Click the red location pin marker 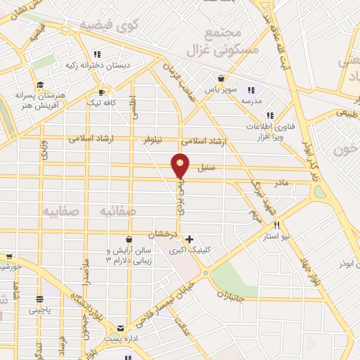coord(181,165)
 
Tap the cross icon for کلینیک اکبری coord(189,239)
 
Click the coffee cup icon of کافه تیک coord(103,92)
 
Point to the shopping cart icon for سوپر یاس coord(221,79)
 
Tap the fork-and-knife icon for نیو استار coord(277,226)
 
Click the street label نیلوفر coord(158,141)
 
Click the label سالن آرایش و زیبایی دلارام coord(109,255)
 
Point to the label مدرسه coord(252,100)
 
